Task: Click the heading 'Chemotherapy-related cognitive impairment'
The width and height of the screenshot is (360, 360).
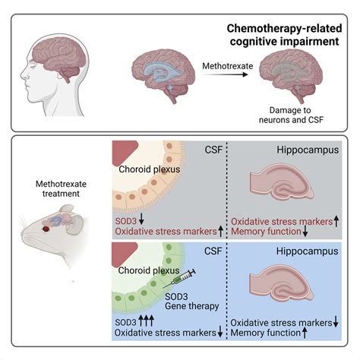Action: (283, 35)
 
